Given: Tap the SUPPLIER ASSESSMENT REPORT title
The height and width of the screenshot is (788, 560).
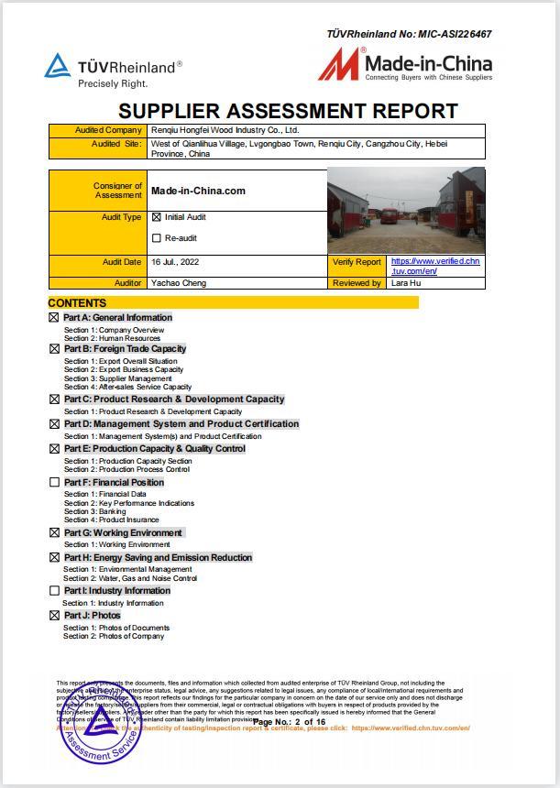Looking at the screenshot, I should [x=288, y=112].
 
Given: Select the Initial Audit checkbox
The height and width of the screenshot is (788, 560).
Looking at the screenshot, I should [x=157, y=218].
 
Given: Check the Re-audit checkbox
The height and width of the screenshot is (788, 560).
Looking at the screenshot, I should [x=157, y=238].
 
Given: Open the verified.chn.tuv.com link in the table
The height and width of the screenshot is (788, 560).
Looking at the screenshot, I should [x=434, y=266].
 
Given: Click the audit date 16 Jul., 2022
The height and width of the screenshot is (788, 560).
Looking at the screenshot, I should [x=175, y=262].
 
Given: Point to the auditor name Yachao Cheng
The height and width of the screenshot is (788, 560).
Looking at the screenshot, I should [x=179, y=283].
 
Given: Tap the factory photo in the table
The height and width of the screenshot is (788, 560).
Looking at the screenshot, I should [x=405, y=211].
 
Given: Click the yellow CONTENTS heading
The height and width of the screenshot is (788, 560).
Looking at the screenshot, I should [x=77, y=302].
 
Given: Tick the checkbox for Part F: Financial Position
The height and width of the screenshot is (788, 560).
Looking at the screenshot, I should [x=54, y=482].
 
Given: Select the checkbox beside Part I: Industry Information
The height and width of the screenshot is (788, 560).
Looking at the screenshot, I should [x=54, y=591].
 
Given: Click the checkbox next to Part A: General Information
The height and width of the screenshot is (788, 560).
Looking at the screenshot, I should [x=54, y=318].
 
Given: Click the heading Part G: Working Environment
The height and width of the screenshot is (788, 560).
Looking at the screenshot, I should [x=123, y=532].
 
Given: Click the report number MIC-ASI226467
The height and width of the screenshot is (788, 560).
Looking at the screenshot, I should [x=455, y=34].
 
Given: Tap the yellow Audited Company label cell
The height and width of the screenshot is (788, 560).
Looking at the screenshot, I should [x=96, y=130].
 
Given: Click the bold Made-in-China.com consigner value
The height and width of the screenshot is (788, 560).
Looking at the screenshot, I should [x=198, y=191].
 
